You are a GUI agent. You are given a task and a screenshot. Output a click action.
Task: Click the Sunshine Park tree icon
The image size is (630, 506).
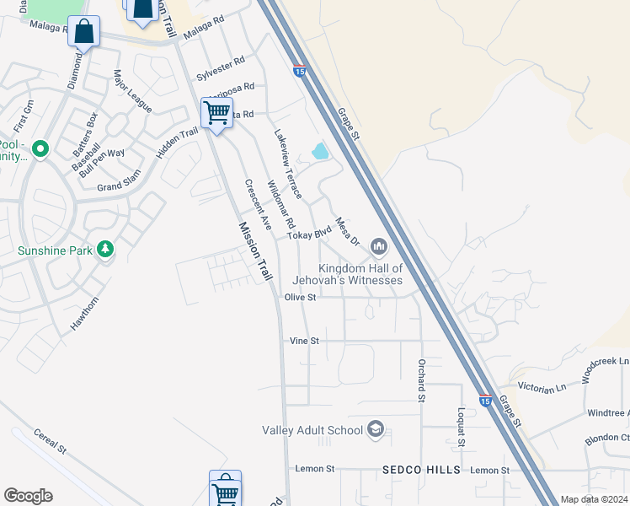pos(105,250)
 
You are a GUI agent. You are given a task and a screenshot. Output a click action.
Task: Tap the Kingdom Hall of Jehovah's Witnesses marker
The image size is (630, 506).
pos(378,246)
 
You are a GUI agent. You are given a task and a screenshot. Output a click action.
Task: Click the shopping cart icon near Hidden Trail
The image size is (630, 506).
pos(217,112)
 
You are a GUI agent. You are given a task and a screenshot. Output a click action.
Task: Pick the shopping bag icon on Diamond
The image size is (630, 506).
pos(83,33)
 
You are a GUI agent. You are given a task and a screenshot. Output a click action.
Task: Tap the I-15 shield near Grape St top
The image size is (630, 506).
pos(300,72)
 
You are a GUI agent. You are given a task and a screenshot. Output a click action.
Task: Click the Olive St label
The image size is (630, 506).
pos(300,297)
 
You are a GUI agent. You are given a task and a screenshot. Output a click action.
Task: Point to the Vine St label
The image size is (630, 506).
pos(305,341)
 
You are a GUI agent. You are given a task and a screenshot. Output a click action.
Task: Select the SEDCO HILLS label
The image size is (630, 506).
pos(421,470)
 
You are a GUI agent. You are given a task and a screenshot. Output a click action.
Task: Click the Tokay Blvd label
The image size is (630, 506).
pos(309,235)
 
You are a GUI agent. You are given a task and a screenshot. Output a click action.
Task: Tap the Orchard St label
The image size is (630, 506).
pos(419,380)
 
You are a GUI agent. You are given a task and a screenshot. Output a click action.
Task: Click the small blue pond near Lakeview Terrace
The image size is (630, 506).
pos(320,152)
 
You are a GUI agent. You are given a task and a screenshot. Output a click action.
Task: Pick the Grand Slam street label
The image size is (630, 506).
pos(120,186)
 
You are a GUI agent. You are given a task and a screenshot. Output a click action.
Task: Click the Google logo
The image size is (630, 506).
pos(28,496)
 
